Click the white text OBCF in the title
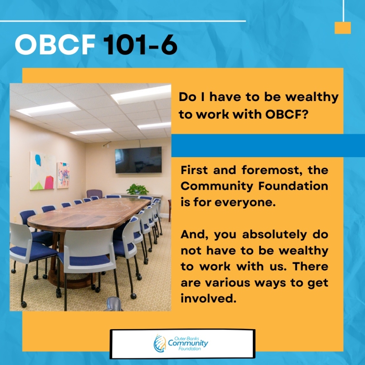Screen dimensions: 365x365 point(55,44)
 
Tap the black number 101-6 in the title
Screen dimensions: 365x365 point(140,44)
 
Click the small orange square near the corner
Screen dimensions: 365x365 point(343,28)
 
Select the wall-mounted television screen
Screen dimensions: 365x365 point(139,160)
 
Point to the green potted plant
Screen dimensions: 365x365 point(137,189)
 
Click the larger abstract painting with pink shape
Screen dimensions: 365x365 point(43,171)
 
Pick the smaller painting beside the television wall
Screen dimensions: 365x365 point(63,175)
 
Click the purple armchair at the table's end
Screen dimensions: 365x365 point(94,194)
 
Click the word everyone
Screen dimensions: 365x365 point(245,203)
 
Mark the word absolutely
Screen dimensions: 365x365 point(274,235)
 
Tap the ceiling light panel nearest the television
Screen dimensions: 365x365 point(154,126)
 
